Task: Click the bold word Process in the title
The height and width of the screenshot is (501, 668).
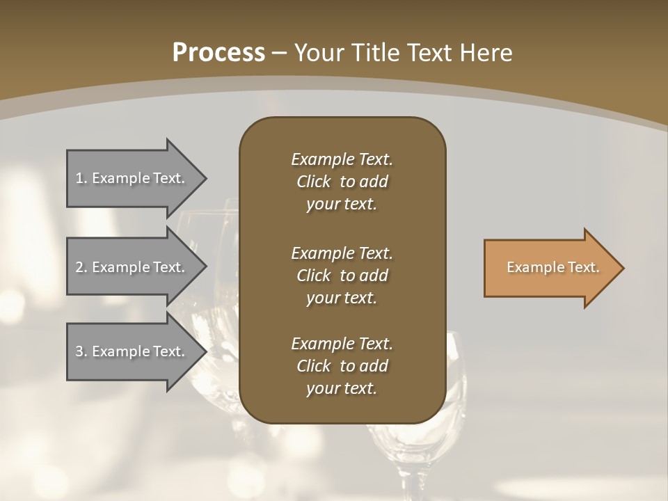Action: [218, 53]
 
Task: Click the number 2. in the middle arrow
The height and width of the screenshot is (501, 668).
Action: [81, 267]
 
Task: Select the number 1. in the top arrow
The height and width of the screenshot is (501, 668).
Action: [81, 178]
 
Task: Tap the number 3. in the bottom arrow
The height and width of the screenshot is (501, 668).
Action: [81, 351]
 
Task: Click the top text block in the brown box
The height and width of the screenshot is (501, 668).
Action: [342, 182]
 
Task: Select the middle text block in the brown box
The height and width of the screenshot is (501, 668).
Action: [342, 275]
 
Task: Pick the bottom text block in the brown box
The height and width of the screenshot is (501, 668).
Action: [342, 366]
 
